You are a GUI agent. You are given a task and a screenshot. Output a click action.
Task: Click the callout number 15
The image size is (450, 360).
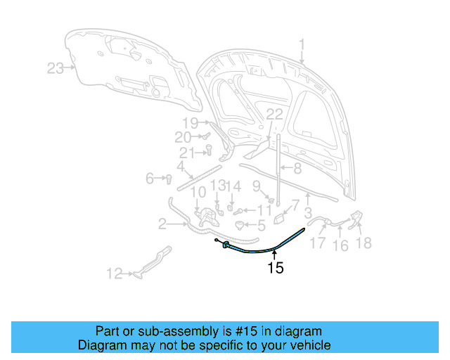click(x=276, y=268)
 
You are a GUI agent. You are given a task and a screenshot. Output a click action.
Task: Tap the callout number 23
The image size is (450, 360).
click(x=56, y=68)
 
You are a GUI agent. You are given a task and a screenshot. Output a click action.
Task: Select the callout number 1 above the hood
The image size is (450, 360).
click(x=302, y=46)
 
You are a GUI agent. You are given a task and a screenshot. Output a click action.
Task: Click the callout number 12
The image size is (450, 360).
click(x=114, y=274)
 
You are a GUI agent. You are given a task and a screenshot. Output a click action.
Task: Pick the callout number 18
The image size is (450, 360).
click(x=364, y=243)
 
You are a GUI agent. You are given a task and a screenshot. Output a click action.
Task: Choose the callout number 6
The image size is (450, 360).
click(x=150, y=179)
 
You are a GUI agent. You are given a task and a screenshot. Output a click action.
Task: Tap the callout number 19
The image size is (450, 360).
click(x=191, y=122)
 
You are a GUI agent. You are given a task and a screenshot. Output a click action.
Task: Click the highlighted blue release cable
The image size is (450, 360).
click(x=267, y=247)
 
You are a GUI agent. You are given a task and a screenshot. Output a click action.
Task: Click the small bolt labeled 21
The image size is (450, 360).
click(x=209, y=149)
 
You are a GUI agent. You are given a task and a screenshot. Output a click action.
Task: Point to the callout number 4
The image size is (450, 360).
click(x=180, y=167)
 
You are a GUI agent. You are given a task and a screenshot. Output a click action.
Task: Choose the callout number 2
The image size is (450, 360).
click(x=162, y=224)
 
